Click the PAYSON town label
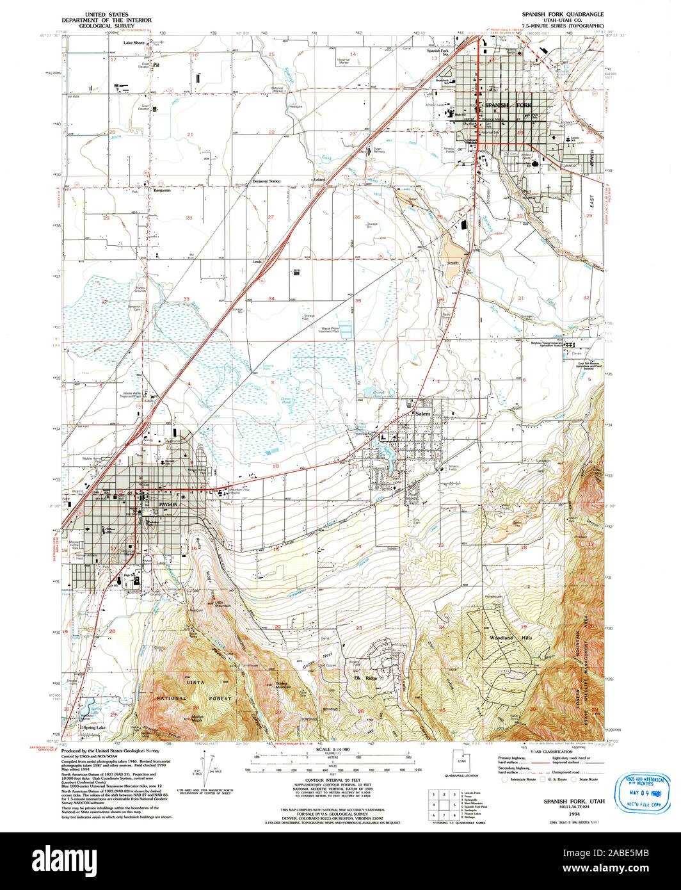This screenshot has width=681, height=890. (168, 505)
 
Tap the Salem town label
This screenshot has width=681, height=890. (423, 414)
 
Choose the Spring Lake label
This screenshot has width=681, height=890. (93, 728)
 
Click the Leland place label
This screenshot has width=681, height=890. (319, 181)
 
